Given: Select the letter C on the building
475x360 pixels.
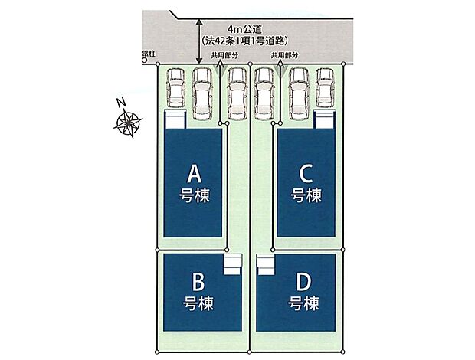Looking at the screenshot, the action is point(306,173).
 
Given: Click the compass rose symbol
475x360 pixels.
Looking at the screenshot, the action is point(129,123).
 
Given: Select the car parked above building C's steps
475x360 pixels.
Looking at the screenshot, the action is point(325,88).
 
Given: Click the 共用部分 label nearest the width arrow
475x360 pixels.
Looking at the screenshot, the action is point(224,56).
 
